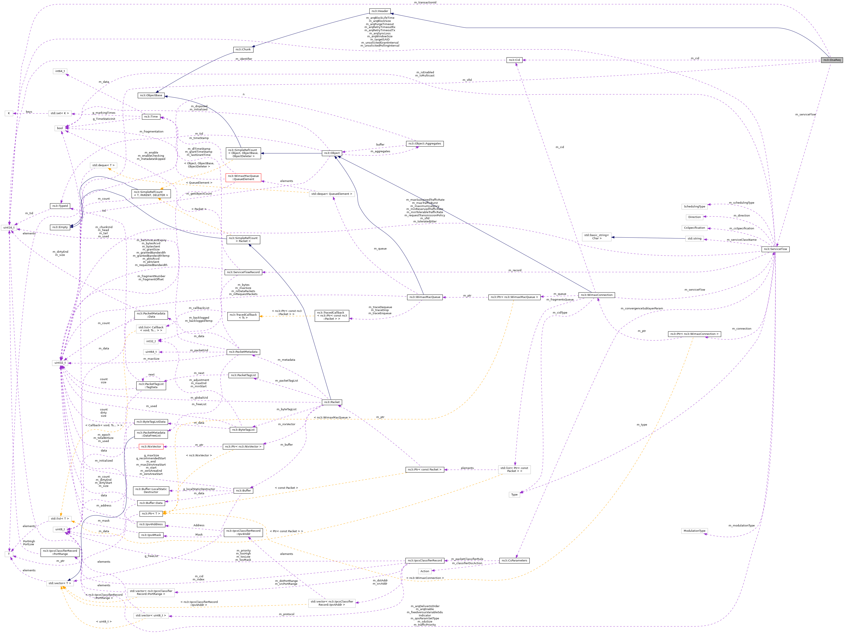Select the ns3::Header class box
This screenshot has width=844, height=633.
[380, 11]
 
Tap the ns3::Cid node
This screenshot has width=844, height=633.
[514, 60]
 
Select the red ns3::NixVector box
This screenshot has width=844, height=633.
[151, 446]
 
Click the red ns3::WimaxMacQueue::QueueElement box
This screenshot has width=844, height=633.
[243, 178]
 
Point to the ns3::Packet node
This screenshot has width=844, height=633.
[331, 402]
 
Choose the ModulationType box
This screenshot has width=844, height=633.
[694, 531]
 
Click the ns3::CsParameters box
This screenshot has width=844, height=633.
[514, 561]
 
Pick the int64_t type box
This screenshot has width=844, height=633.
[60, 71]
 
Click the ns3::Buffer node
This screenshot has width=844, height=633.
[243, 491]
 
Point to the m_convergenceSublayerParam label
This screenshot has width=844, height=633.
[641, 308]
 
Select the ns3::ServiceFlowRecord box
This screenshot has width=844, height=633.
[243, 272]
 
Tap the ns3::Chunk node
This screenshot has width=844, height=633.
[243, 49]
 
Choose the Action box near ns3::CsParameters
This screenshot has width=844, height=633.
[425, 571]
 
